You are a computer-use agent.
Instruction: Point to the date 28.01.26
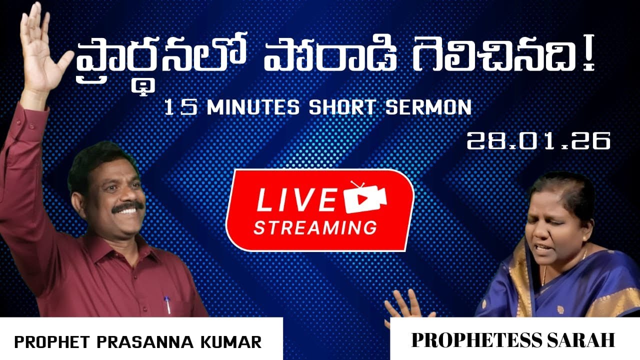pyautogui.click(x=538, y=141)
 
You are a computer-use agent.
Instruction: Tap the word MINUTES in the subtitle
pyautogui.click(x=252, y=107)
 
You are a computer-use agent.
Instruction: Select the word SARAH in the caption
pyautogui.click(x=582, y=340)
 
